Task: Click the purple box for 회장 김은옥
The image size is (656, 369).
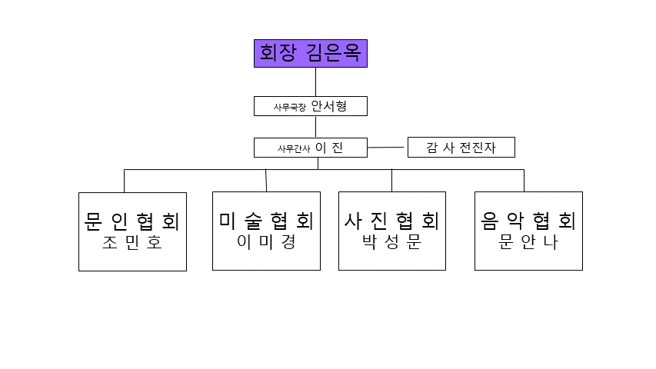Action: pos(311,54)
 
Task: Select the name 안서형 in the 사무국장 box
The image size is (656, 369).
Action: pos(329,106)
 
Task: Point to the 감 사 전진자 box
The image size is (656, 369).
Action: pos(461,148)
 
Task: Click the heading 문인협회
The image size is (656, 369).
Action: pos(132,221)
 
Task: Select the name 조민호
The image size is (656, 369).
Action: pos(132,244)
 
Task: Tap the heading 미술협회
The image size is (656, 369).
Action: pos(266,221)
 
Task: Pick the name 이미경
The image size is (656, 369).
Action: pos(266,242)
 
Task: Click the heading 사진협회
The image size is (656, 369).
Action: pos(392,221)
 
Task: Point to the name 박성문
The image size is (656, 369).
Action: pos(392,242)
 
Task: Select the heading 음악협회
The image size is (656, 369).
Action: pos(528,221)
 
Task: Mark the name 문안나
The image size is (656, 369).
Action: pos(528,242)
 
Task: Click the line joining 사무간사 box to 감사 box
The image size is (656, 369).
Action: pos(387,147)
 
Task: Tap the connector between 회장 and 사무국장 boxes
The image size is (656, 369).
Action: pos(315,81)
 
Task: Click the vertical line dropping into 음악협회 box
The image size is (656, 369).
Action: pos(524,181)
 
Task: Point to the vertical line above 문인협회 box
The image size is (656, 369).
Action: pos(125,181)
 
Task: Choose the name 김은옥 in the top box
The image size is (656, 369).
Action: pos(333,54)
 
